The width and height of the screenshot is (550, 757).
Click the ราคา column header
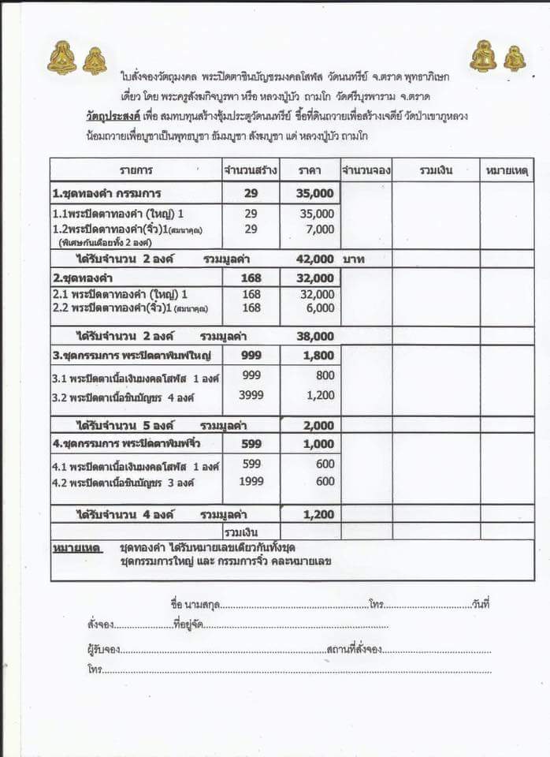click(308, 170)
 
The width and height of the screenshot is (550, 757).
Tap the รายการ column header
click(136, 170)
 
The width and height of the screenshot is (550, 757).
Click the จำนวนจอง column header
click(366, 170)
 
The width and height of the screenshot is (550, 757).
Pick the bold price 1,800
click(318, 356)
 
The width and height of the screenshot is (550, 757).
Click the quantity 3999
click(251, 395)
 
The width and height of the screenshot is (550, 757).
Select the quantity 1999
click(251, 481)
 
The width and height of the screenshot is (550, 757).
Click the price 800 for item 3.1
click(323, 376)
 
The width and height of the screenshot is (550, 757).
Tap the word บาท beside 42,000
click(354, 259)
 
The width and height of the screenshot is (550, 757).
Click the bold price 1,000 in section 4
click(318, 444)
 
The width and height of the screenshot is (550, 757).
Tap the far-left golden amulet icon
click(62, 58)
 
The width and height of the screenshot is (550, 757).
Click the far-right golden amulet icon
click(515, 58)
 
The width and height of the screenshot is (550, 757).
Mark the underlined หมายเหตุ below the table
click(76, 547)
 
